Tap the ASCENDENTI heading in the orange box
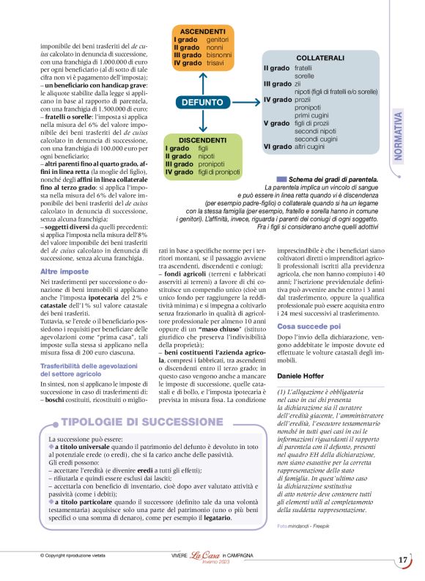tap(202, 32)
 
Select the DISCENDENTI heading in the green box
tap(202, 139)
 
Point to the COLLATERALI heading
tap(320, 58)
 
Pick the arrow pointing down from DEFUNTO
tap(202, 123)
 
